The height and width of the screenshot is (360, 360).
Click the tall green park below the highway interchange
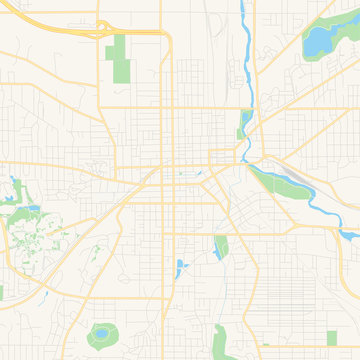coord(121,59)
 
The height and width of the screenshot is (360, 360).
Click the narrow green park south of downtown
coord(220,247)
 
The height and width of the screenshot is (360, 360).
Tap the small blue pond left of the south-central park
coord(179,268)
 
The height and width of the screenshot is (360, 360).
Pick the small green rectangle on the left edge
coord(2,292)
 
